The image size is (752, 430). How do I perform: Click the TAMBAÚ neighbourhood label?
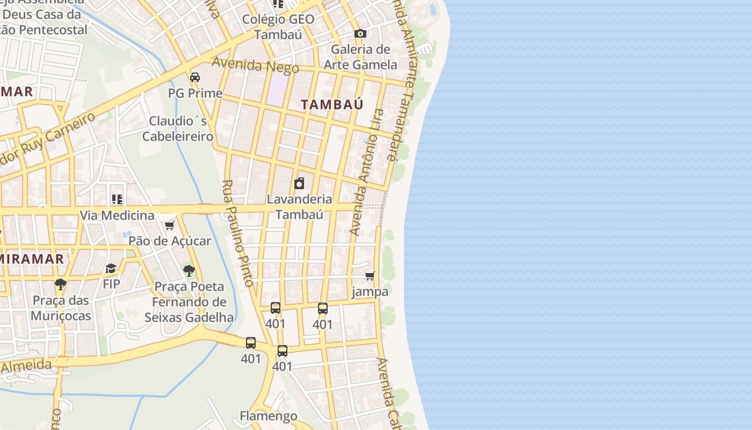332,104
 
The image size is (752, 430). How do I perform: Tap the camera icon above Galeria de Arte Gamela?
360,34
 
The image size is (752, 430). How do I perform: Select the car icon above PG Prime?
195,77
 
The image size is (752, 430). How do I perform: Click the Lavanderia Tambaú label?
299,207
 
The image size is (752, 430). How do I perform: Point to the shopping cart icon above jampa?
370,276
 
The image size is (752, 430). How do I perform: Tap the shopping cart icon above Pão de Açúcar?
170,225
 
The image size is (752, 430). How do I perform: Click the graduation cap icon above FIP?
111,268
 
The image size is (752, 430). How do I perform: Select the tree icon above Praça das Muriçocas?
61,284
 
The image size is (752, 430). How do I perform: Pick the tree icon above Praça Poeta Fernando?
189,271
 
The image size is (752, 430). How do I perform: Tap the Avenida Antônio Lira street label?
367,172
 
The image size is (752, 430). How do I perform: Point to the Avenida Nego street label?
255,64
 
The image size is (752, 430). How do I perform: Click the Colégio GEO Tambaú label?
278,27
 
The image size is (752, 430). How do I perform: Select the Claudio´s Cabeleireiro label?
178,128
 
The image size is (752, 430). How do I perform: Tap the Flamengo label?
268,416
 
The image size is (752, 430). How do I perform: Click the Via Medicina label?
117,216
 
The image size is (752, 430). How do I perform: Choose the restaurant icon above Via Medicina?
117,200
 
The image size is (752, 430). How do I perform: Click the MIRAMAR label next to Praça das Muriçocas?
32,259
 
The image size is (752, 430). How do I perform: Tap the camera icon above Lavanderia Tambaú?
299,183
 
